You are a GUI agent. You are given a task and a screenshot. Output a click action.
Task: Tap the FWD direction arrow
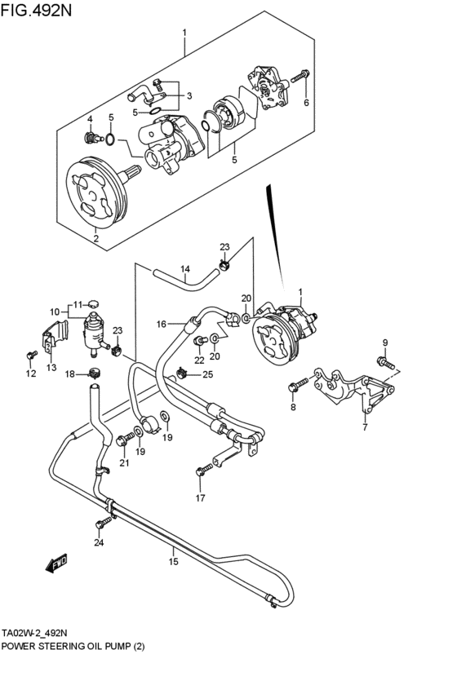click(56, 563)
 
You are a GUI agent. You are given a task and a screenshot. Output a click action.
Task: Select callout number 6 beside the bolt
click(306, 103)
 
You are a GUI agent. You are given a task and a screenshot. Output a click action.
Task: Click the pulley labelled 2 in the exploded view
click(96, 192)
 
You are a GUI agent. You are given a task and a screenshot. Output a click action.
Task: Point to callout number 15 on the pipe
click(173, 562)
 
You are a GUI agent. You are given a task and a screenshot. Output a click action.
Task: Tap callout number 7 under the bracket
click(365, 427)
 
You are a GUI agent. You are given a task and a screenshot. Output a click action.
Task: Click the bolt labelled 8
click(298, 384)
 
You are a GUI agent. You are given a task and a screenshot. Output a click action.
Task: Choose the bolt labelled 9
click(386, 363)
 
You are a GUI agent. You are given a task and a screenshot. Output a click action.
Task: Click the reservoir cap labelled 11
click(93, 303)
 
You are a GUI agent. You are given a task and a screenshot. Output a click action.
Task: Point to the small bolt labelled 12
click(32, 355)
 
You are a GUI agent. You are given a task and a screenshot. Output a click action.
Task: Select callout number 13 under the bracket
click(51, 367)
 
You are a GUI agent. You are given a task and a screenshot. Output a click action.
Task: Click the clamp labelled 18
click(93, 373)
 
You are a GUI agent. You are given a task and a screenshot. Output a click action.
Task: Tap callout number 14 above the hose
click(185, 268)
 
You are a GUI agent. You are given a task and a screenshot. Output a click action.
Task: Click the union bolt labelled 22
click(201, 340)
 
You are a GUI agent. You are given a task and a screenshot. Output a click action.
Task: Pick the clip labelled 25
click(181, 374)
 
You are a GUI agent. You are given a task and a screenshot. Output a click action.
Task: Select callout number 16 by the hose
click(162, 325)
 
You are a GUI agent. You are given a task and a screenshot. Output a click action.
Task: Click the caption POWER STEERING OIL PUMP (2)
click(73, 646)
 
